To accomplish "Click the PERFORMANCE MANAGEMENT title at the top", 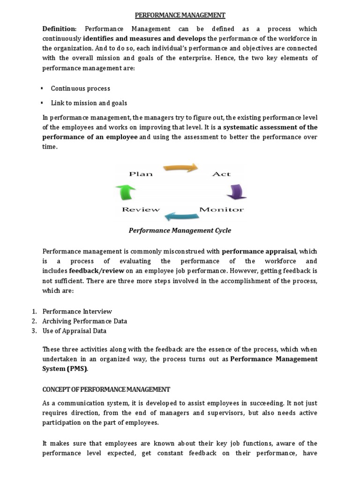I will (x=180, y=15).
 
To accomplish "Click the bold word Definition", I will (x=59, y=29).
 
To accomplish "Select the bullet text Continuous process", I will (x=81, y=88).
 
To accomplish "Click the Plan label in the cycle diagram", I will (x=141, y=174).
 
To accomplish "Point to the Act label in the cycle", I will (x=221, y=174).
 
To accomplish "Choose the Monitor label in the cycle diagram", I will (x=222, y=210).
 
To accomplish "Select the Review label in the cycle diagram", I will (x=141, y=210).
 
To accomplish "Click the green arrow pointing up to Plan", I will (x=126, y=192).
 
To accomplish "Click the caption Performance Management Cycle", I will (x=180, y=231).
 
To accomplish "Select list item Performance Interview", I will (x=77, y=311).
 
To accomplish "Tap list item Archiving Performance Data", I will (x=85, y=321).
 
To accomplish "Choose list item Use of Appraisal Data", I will (x=75, y=331).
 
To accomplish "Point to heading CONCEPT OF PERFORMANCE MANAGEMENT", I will (x=106, y=390).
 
